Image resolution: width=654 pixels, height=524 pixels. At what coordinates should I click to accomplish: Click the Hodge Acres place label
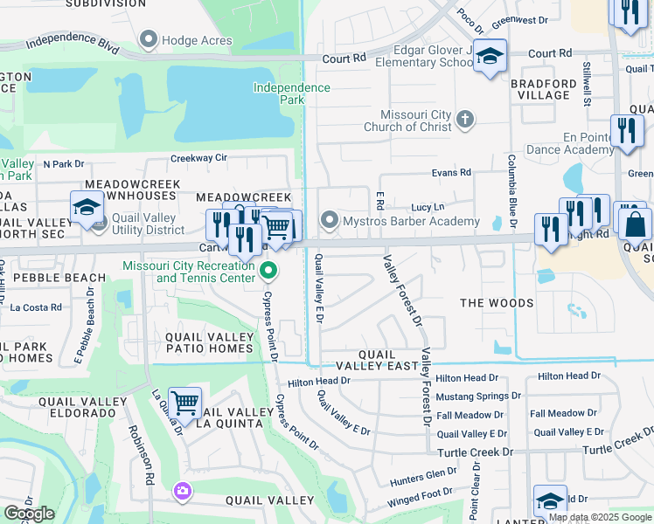tap(198, 40)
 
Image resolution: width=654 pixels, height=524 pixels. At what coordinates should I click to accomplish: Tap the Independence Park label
tap(292, 93)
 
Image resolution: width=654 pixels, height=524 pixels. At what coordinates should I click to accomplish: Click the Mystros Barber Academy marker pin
tap(329, 220)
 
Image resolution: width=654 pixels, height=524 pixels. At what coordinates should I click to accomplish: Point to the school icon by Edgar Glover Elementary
tap(491, 58)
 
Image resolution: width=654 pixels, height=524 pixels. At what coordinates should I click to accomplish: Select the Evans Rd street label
tap(451, 173)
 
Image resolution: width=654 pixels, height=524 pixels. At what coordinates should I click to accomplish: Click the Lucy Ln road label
tap(428, 207)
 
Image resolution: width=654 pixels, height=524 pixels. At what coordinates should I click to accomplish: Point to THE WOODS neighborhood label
tap(497, 303)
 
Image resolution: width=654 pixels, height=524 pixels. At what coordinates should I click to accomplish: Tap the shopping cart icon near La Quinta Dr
tap(185, 403)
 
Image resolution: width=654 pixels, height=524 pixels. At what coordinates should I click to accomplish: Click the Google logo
tap(29, 514)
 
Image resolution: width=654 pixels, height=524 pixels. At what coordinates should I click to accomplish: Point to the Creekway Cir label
tap(198, 158)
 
